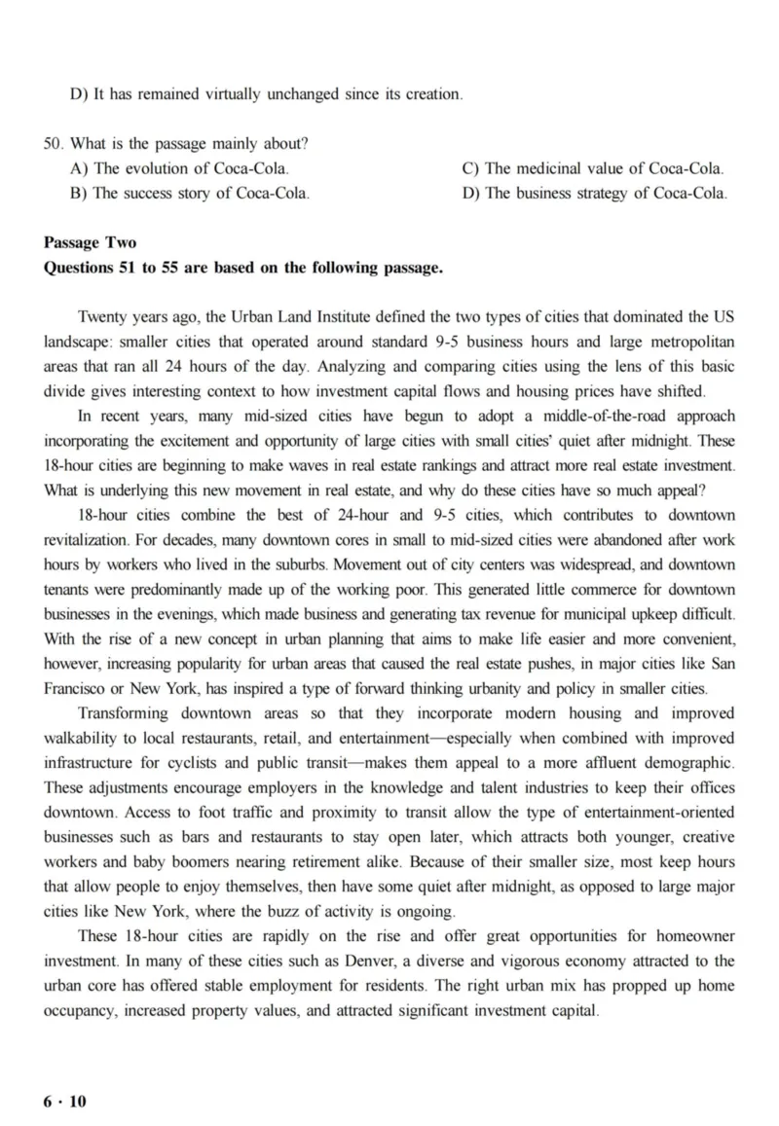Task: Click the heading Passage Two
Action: click(x=90, y=242)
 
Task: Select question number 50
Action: click(x=53, y=144)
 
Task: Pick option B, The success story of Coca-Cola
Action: click(x=190, y=193)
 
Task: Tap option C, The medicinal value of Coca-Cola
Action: click(x=593, y=168)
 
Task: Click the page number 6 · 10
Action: click(x=65, y=1101)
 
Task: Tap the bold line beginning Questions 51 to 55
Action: click(x=243, y=267)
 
